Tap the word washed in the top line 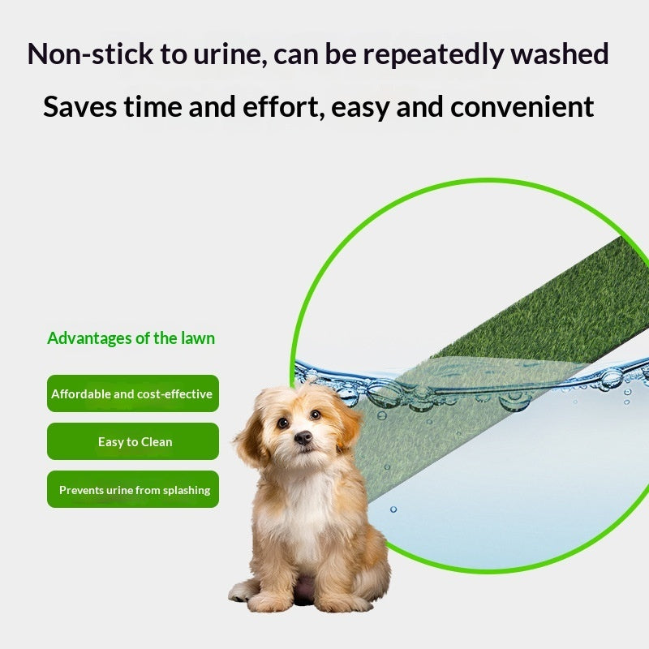(559, 54)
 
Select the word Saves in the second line (80, 107)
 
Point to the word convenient (522, 107)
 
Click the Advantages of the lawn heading (131, 338)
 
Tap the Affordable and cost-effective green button (133, 393)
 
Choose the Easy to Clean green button (133, 441)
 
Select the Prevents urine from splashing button (133, 489)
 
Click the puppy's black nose (303, 437)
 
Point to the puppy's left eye (282, 423)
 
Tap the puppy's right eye (316, 415)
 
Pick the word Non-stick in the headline (90, 54)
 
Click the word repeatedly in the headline (433, 55)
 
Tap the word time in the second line (153, 107)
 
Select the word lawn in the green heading (198, 338)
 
